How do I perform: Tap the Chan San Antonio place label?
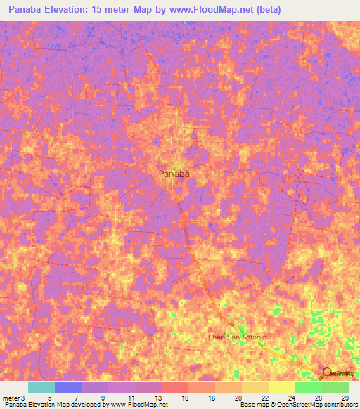[x=237, y=337]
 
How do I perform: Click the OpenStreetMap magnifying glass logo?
[x=327, y=373]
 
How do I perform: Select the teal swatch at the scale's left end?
[x=41, y=387]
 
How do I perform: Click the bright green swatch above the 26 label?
[x=309, y=387]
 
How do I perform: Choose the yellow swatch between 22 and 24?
[x=282, y=387]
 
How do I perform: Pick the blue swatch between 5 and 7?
[x=68, y=387]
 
